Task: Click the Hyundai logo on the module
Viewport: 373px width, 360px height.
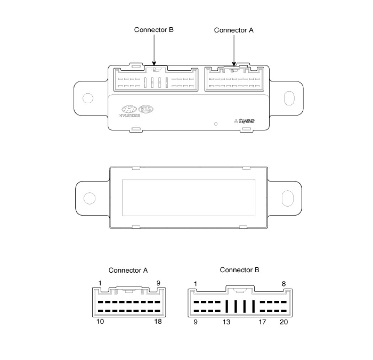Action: click(129, 111)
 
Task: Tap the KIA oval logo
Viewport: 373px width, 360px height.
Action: click(146, 109)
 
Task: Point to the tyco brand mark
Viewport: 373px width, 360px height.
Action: click(244, 121)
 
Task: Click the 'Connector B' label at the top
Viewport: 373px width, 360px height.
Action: click(154, 30)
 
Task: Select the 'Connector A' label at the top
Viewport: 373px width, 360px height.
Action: click(234, 30)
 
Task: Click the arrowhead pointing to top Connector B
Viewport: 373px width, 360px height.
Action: click(154, 64)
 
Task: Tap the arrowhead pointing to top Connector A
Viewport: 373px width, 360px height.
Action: click(234, 64)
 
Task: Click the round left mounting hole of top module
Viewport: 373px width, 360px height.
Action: click(88, 98)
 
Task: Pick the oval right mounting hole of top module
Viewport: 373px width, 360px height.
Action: click(289, 98)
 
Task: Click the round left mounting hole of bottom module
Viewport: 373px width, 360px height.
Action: click(90, 198)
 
